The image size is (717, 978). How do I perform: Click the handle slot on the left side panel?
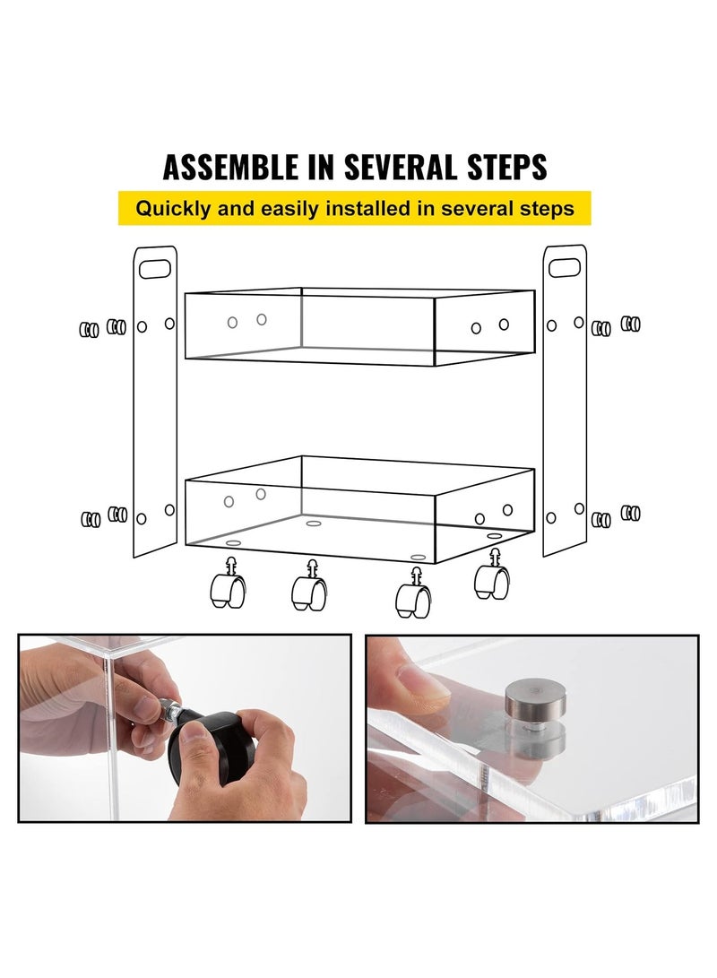[x=154, y=267]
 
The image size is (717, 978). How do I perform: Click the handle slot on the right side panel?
[x=564, y=267]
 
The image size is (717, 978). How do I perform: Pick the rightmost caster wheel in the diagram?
[x=491, y=577]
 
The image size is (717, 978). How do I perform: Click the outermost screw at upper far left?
[x=89, y=330]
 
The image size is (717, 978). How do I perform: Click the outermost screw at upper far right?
[x=632, y=324]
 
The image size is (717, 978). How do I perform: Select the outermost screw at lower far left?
[x=90, y=519]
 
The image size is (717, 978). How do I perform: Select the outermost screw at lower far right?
[x=632, y=513]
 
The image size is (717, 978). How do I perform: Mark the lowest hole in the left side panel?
[x=141, y=518]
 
